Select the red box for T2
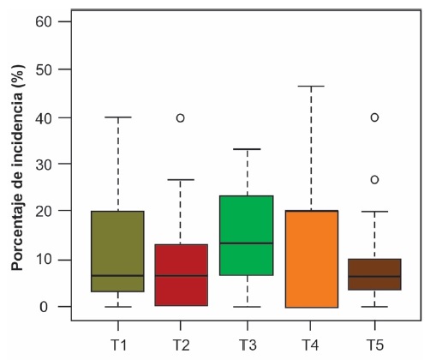coord(182,275)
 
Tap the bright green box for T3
coord(246,235)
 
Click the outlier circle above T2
coord(182,117)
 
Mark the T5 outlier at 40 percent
coord(375,117)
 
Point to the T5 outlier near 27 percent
coord(375,180)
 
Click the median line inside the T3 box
coord(246,243)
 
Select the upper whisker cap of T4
coord(311,87)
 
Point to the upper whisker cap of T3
coord(246,149)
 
